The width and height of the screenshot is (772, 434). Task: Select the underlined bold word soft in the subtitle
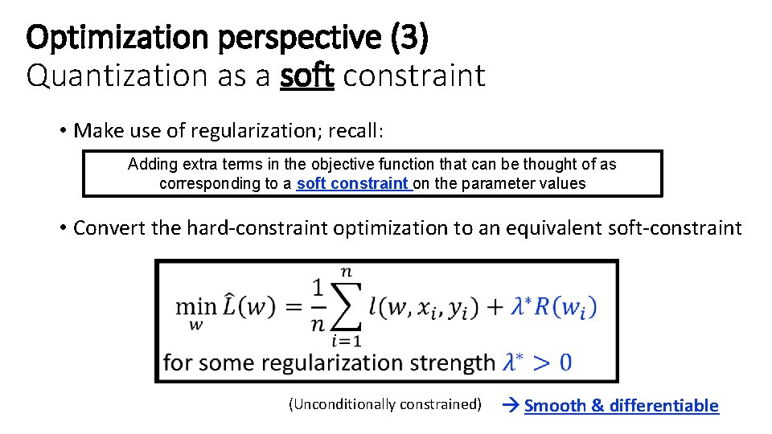(x=307, y=76)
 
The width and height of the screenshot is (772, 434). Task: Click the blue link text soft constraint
(x=352, y=183)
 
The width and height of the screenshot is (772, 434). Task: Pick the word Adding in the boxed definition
(x=150, y=165)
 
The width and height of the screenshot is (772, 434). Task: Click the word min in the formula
(x=195, y=307)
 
